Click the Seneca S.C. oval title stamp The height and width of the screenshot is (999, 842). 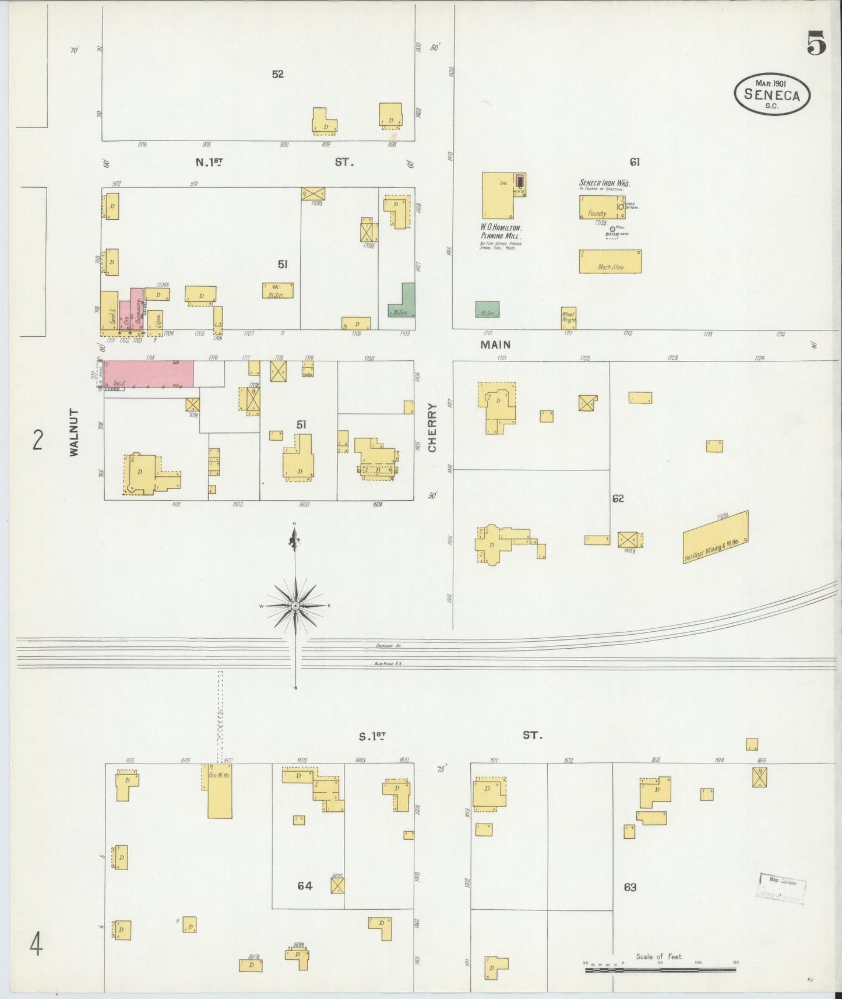point(772,94)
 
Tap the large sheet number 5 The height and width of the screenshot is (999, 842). point(816,44)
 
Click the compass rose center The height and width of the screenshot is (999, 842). point(295,606)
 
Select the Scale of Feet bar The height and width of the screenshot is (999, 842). point(660,970)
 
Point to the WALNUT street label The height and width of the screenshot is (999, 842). point(74,432)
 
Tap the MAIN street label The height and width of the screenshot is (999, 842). point(495,345)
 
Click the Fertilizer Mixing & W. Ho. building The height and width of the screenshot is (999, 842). point(715,537)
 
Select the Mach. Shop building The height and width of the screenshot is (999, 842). point(610,262)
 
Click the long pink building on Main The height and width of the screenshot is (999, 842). point(149,374)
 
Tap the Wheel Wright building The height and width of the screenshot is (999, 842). point(569,318)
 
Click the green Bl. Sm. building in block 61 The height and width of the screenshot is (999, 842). point(487,309)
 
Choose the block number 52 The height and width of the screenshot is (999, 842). point(277,74)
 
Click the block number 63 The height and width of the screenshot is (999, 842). point(630,887)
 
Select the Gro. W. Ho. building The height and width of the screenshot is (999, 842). point(220,790)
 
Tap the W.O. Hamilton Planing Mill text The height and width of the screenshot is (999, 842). point(501,232)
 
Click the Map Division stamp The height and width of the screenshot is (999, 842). point(782,889)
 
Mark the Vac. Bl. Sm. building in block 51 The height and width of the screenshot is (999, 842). point(277,290)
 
